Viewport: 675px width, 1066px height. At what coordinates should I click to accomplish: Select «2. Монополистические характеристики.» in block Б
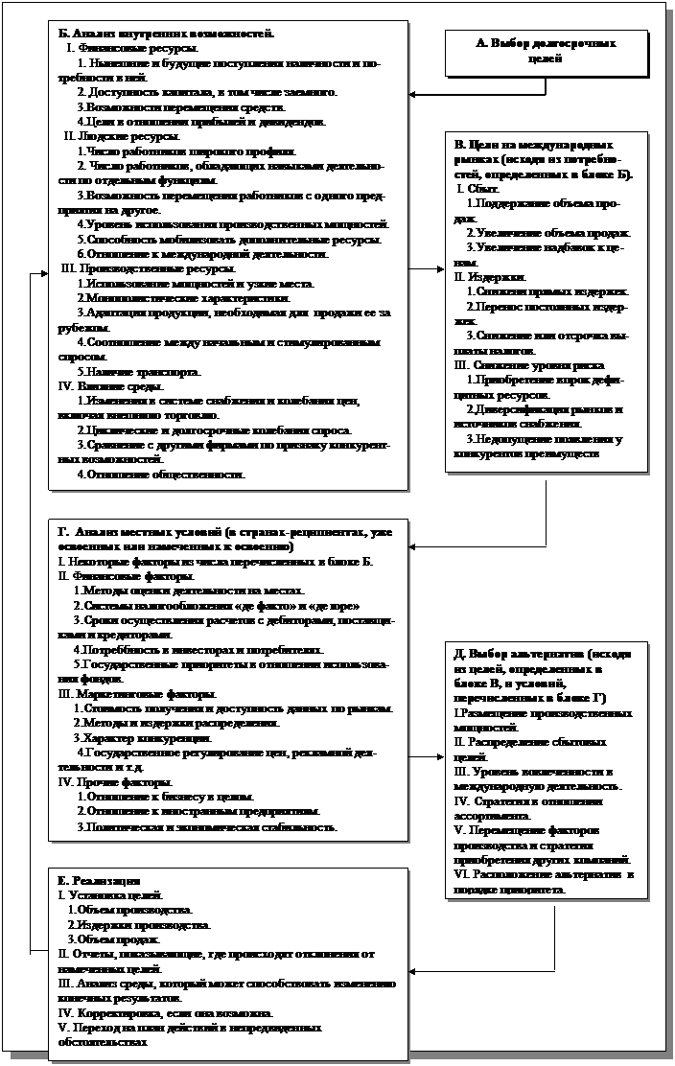coord(160,298)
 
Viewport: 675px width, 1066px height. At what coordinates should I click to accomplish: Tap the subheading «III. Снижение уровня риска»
coord(524,364)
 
